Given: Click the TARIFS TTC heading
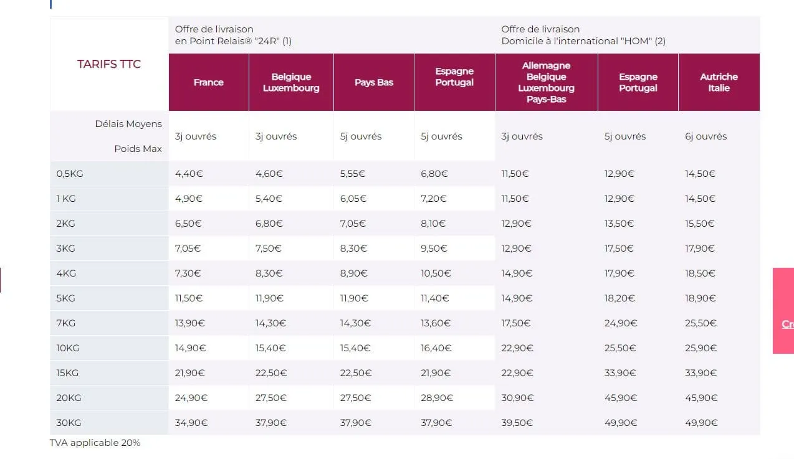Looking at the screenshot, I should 109,64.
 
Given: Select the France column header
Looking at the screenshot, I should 208,82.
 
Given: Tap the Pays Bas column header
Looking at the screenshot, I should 374,82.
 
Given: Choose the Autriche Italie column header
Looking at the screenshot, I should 719,82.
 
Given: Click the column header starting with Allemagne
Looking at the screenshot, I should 546,82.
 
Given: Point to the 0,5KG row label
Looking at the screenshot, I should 70,174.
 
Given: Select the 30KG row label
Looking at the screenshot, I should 69,423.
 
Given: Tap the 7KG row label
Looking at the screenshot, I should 66,323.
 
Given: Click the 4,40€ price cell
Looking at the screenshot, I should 189,174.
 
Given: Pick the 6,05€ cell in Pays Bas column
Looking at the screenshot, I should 353,199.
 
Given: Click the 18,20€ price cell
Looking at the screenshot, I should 619,298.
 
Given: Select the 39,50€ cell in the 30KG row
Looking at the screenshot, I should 517,423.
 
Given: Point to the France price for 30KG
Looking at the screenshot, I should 191,423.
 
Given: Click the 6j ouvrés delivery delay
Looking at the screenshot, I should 706,136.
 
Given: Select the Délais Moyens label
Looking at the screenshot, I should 128,124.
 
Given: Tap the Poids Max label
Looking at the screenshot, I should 138,149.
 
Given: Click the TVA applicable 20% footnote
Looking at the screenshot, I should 95,443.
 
